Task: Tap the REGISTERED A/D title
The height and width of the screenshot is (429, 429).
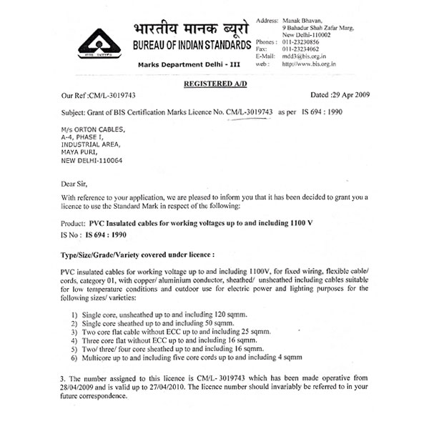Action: point(214,84)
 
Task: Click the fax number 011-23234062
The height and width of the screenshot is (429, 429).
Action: point(304,49)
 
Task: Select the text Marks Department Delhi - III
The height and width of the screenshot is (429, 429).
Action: point(189,65)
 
